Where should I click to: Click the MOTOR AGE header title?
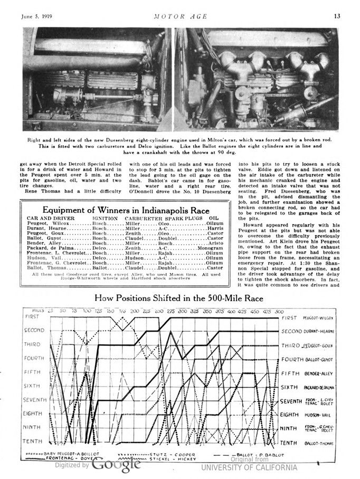[x=180, y=15]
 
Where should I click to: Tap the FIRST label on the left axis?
[x=34, y=316]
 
